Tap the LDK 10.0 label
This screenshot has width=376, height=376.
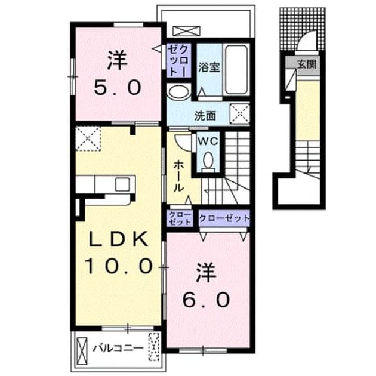pos(118,252)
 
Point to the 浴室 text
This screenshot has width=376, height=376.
pos(209,67)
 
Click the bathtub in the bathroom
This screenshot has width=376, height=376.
pos(236,70)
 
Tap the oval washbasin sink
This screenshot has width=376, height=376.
pos(178,91)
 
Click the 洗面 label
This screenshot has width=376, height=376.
pos(205,116)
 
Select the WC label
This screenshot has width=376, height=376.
pos(208,141)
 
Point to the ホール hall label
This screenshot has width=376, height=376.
pos(179,176)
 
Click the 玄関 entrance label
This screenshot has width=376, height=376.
pos(307,64)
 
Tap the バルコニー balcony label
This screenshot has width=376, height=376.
pos(118,348)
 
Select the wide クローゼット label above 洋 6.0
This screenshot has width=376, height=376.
pos(224,218)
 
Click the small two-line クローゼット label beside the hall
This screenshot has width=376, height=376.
pos(180,218)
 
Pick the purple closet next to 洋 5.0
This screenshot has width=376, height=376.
pos(178,60)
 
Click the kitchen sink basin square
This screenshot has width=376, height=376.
pos(122,184)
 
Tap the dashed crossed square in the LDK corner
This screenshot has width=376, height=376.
pos(88,138)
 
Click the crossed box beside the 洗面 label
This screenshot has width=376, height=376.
pos(240,113)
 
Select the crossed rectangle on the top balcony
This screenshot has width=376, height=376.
pos(186,31)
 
